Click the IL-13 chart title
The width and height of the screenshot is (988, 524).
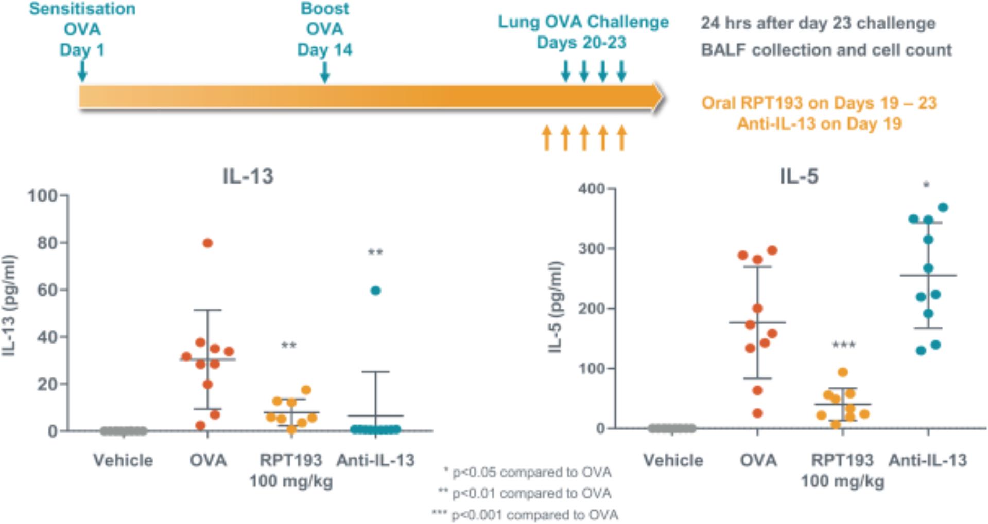(248, 176)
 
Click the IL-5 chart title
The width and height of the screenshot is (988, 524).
(799, 176)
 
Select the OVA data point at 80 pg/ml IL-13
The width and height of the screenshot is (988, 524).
(207, 243)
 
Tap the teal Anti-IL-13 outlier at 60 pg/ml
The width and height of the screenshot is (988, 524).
(375, 291)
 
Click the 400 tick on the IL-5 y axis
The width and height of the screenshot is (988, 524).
(592, 189)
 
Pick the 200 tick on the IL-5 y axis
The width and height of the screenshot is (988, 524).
(592, 309)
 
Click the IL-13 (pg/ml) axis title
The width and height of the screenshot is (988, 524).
(9, 304)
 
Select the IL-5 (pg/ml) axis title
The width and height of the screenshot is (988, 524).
(555, 307)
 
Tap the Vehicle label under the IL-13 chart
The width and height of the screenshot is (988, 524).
(123, 460)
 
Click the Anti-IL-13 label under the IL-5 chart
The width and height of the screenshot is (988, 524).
(928, 460)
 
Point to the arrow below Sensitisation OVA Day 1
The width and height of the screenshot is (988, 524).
(82, 71)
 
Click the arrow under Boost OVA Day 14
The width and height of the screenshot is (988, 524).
(324, 72)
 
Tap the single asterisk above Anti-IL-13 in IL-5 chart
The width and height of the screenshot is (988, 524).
(926, 185)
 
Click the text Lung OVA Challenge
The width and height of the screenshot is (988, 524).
(583, 22)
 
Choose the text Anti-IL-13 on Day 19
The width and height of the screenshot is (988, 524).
(819, 124)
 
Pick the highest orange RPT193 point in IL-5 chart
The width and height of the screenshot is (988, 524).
(842, 372)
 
